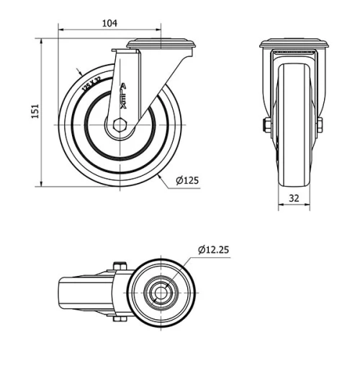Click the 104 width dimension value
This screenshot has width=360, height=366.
[109, 23]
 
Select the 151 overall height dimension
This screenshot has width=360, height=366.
[34, 111]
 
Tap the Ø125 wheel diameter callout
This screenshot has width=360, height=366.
[186, 181]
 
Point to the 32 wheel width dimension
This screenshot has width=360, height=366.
[294, 197]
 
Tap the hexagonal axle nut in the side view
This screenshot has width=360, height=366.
[120, 125]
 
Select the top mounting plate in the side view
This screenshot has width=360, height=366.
[161, 45]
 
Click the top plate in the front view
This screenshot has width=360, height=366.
[294, 43]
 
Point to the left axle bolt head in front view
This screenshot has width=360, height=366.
[267, 125]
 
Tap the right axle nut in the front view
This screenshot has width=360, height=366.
[320, 125]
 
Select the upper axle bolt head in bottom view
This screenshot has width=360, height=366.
[121, 266]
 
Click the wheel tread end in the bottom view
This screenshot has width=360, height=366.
[63, 293]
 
